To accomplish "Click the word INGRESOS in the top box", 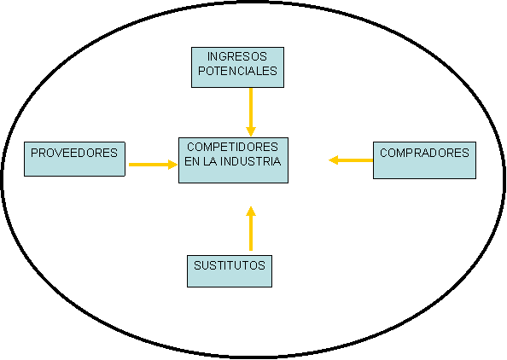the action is [237, 56].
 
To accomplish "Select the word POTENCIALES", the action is [237, 71].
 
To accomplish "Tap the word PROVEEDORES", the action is [74, 153].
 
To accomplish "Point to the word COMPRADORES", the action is [424, 153].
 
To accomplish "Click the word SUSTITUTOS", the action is [230, 265].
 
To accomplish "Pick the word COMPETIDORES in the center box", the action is [232, 147].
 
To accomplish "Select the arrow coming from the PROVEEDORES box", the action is [154, 165].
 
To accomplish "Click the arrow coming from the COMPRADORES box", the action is [351, 160].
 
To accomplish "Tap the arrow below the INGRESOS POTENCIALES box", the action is [251, 112].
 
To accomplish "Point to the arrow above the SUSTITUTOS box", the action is [251, 229].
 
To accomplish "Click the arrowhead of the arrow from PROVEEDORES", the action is [173, 165].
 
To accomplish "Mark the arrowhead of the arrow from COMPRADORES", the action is [334, 160].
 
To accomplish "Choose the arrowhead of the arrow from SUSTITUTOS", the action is [251, 211].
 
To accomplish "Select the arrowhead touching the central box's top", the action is [251, 132].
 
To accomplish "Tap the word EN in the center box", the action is [192, 161].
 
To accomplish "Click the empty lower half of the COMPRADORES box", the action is [424, 169].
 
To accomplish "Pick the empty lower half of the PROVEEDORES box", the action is [74, 167].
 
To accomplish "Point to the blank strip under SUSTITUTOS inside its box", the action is [230, 279].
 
